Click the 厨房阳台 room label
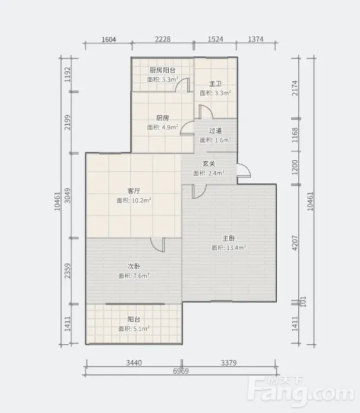click(x=162, y=71)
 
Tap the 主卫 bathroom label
click(x=215, y=84)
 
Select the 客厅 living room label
click(x=134, y=191)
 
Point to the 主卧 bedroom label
click(x=228, y=239)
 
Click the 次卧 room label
click(x=134, y=266)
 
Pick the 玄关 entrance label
click(x=209, y=164)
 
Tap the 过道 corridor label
click(x=215, y=131)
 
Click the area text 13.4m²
click(x=236, y=248)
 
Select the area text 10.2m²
click(x=141, y=201)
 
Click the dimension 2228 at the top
click(x=162, y=39)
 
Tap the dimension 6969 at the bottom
click(x=181, y=371)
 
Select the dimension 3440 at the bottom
click(x=134, y=363)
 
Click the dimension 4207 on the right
click(x=295, y=243)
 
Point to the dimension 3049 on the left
click(x=68, y=195)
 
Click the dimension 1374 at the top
click(x=255, y=39)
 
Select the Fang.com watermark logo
click(x=301, y=390)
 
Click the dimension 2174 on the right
click(x=295, y=88)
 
